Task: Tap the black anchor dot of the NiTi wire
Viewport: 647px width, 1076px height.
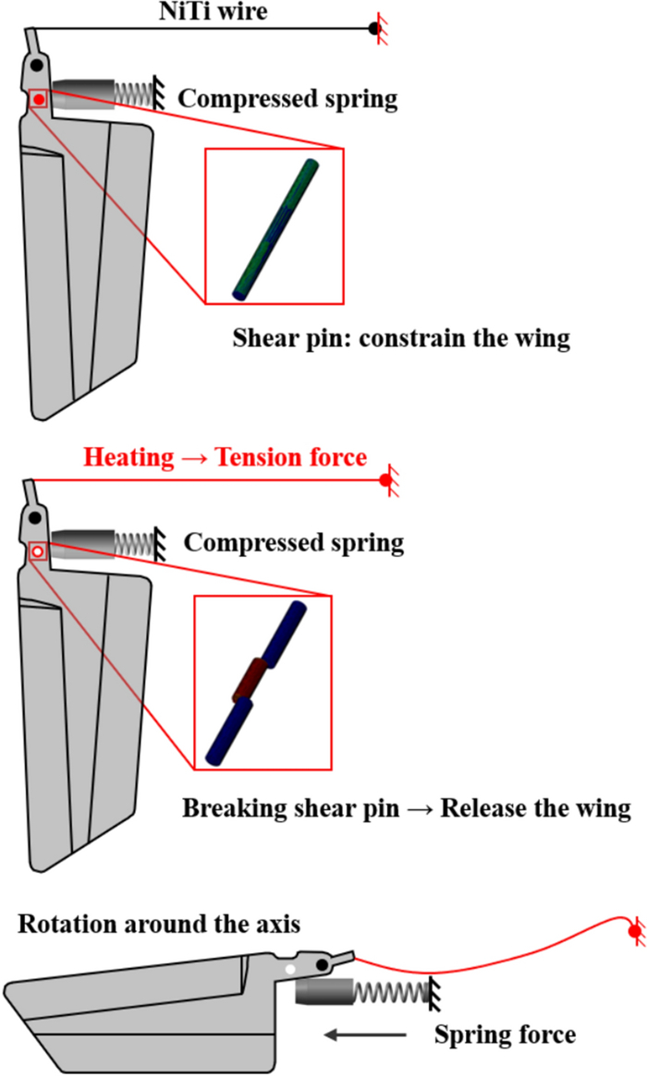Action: point(374,29)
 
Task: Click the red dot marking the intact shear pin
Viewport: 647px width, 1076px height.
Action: point(39,98)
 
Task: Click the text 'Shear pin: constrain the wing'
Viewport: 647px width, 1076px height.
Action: point(400,338)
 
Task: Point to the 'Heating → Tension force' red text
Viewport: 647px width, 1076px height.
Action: point(226,456)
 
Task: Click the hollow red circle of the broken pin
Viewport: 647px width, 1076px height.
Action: point(37,551)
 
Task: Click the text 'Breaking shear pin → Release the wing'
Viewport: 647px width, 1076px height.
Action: point(406,808)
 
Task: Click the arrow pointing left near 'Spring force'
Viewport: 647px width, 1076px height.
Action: point(366,1034)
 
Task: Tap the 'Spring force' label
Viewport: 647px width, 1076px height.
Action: point(505,1034)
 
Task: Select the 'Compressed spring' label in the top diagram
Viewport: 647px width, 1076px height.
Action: point(287,99)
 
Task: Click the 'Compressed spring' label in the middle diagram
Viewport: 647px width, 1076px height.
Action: point(294,542)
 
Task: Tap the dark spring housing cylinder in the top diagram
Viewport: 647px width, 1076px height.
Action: point(83,93)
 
